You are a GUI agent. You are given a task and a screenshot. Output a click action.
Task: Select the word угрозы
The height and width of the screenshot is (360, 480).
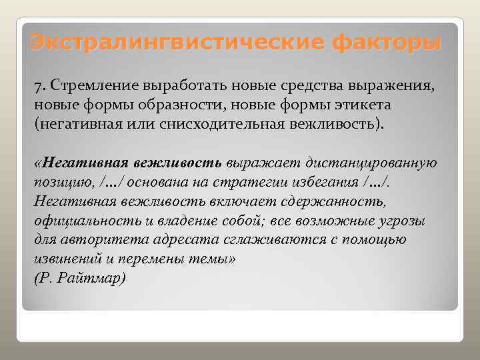[x=402, y=220]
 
